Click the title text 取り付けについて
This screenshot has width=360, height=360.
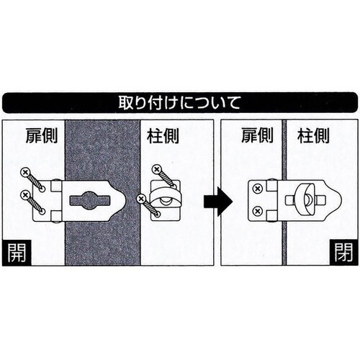[180, 102]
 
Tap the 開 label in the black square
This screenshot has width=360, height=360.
[16, 254]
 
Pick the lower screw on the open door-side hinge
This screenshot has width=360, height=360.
[25, 194]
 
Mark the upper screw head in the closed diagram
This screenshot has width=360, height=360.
[257, 189]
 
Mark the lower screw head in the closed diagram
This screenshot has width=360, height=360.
[257, 210]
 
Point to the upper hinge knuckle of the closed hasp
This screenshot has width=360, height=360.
[272, 186]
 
